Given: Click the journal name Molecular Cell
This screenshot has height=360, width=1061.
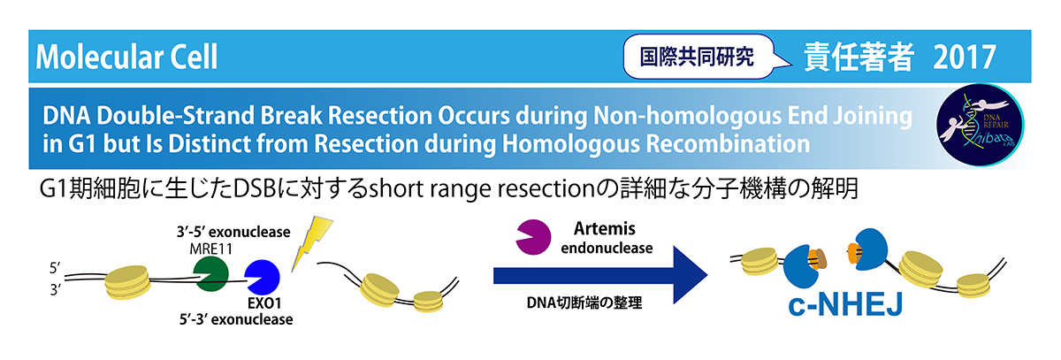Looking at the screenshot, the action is (x=126, y=57).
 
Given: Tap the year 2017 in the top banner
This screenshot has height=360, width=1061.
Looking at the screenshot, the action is (x=965, y=57).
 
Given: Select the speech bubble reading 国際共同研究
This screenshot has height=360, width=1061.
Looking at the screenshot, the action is (x=701, y=57).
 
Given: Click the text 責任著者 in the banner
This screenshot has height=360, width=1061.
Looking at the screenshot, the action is (x=859, y=57).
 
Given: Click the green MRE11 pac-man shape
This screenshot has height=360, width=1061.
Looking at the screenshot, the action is (x=211, y=273).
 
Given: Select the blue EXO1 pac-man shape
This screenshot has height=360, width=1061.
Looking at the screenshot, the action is (x=263, y=277).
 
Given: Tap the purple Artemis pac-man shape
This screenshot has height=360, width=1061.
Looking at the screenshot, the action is (x=533, y=237).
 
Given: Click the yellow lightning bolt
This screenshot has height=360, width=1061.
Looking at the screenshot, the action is (x=311, y=243).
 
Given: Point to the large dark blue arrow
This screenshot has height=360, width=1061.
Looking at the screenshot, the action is (x=600, y=275).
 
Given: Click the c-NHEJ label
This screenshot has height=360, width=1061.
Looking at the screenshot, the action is (x=845, y=305).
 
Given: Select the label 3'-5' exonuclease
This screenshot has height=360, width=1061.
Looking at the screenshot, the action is (x=233, y=232).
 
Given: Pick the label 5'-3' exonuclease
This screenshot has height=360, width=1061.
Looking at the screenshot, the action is (x=236, y=319).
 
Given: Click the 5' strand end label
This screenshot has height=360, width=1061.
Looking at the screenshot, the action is (x=56, y=268).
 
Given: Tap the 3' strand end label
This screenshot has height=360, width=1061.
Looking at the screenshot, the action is (x=56, y=289).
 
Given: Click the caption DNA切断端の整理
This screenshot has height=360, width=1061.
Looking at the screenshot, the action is (x=584, y=303).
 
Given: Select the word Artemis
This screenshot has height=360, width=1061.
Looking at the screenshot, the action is (x=605, y=229).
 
